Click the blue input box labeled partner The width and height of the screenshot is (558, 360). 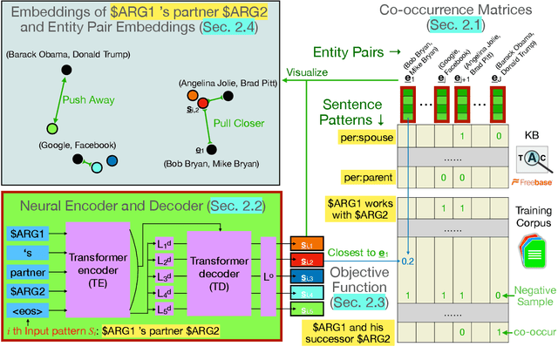click(26, 273)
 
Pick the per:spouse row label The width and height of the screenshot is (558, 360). click(370, 139)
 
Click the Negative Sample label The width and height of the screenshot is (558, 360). click(532, 295)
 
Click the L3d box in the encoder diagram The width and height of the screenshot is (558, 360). click(164, 275)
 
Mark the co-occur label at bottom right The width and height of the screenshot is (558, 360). click(534, 333)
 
